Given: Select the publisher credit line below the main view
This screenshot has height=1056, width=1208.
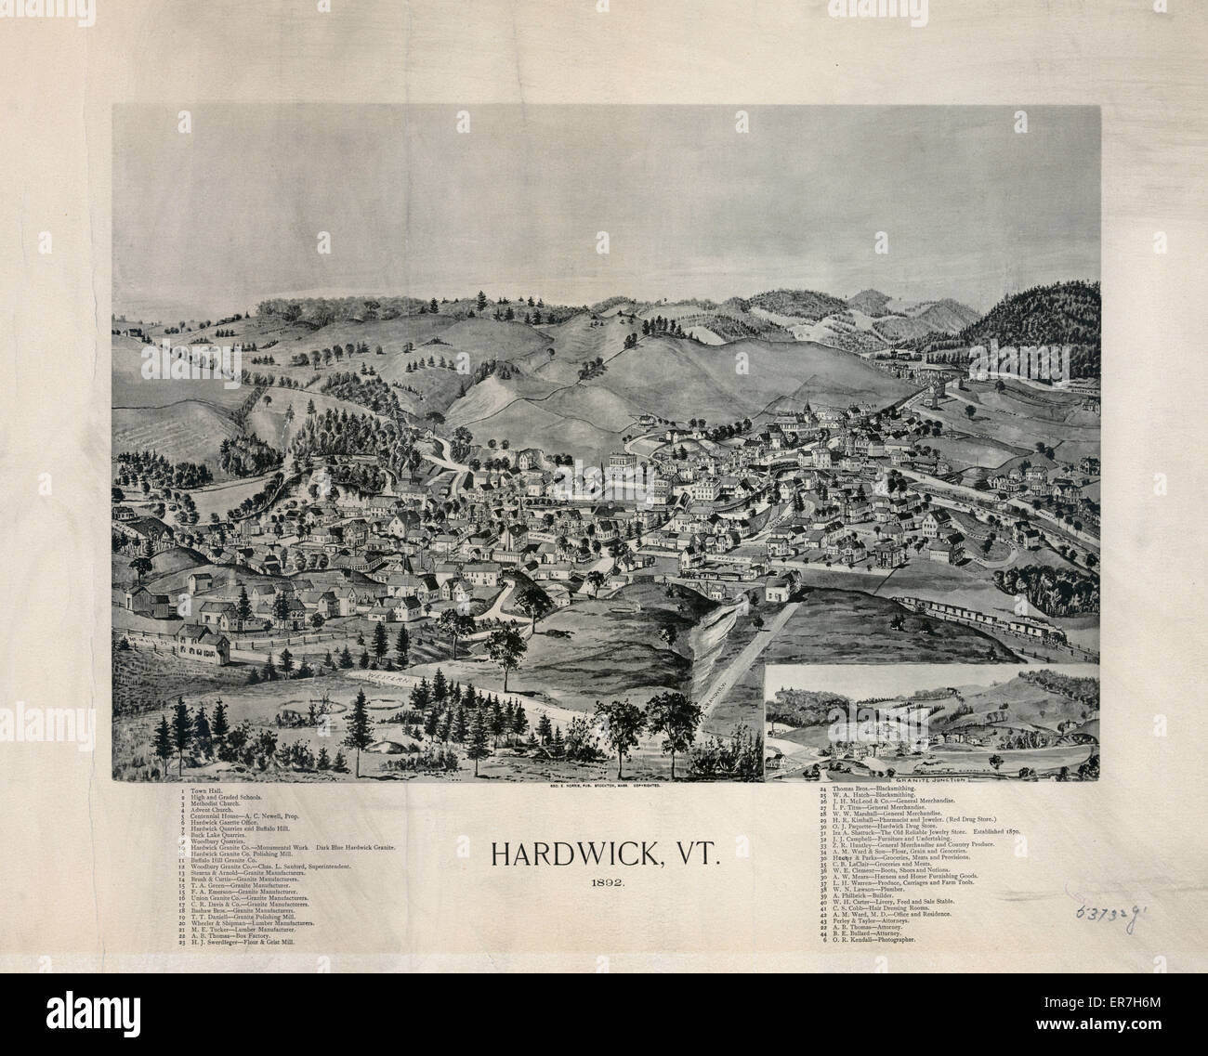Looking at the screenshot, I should (604, 786).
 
